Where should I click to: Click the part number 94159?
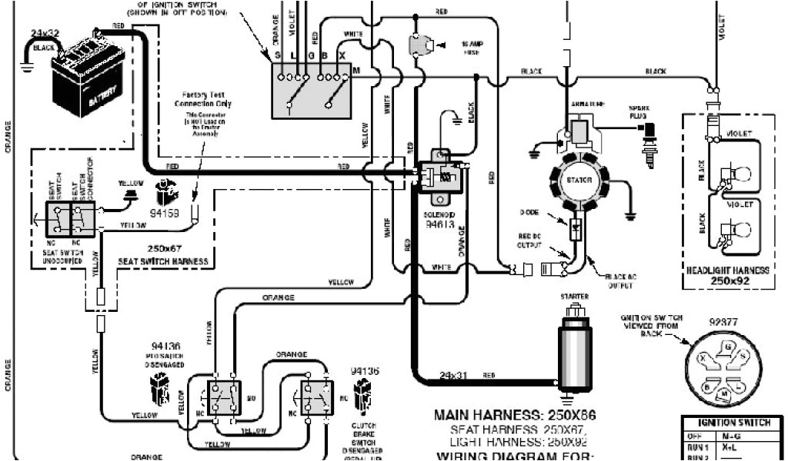pyautogui.click(x=165, y=213)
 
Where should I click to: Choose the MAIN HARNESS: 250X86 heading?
pyautogui.click(x=515, y=416)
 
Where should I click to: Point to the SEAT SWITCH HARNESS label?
pyautogui.click(x=162, y=261)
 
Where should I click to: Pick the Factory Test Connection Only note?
pyautogui.click(x=203, y=98)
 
